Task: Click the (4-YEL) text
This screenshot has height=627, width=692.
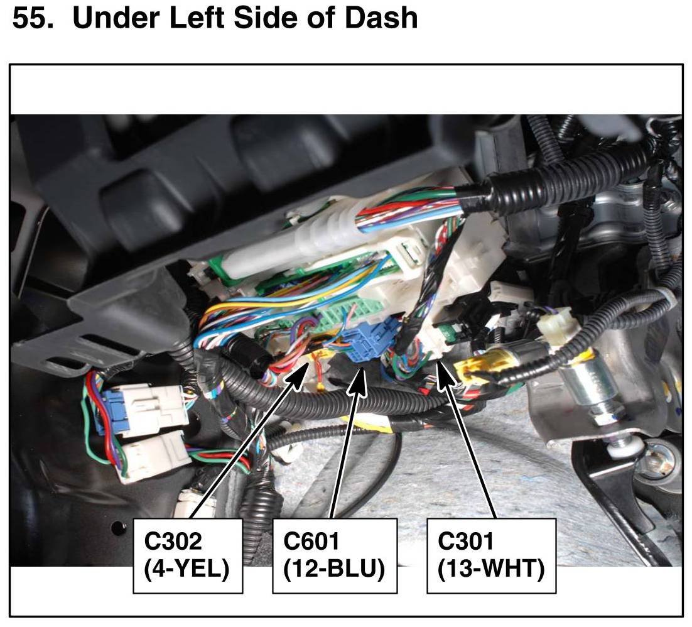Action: click(x=187, y=569)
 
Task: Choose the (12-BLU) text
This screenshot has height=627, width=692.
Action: click(x=334, y=569)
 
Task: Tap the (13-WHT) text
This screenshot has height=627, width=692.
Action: click(x=491, y=569)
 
